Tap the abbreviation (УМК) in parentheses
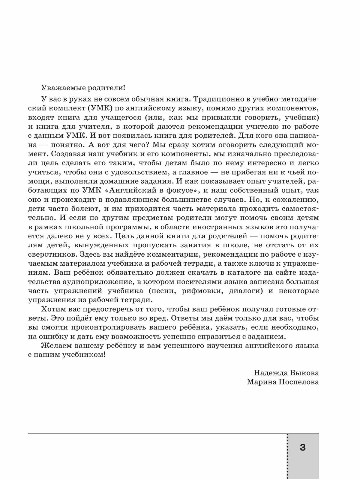tap(90, 108)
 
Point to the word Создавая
tap(63, 154)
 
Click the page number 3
tap(302, 447)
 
